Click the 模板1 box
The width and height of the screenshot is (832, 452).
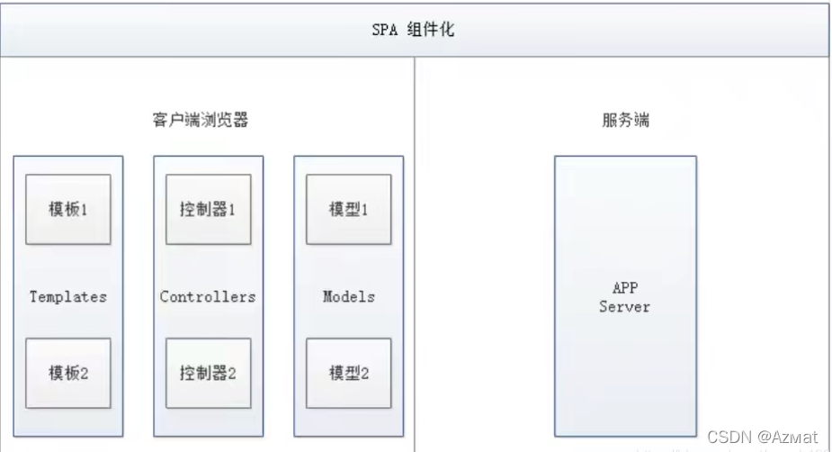click(x=68, y=209)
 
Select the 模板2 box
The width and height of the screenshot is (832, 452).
click(x=68, y=373)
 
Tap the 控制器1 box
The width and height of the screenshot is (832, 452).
click(x=208, y=209)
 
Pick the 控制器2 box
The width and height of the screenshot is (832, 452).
click(x=208, y=373)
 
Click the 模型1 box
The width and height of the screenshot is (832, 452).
click(x=348, y=209)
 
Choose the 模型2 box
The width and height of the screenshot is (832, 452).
click(x=348, y=373)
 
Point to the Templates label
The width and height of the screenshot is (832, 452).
click(x=68, y=296)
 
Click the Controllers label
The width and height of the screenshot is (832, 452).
click(x=208, y=296)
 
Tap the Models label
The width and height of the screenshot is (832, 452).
click(x=348, y=296)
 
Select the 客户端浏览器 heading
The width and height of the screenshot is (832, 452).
click(x=208, y=120)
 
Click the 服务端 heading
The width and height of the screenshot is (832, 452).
click(x=624, y=120)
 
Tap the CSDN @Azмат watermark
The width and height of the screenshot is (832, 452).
click(x=762, y=437)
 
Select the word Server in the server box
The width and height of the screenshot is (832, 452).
click(x=624, y=307)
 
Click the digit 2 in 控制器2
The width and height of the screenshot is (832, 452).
click(x=232, y=373)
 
